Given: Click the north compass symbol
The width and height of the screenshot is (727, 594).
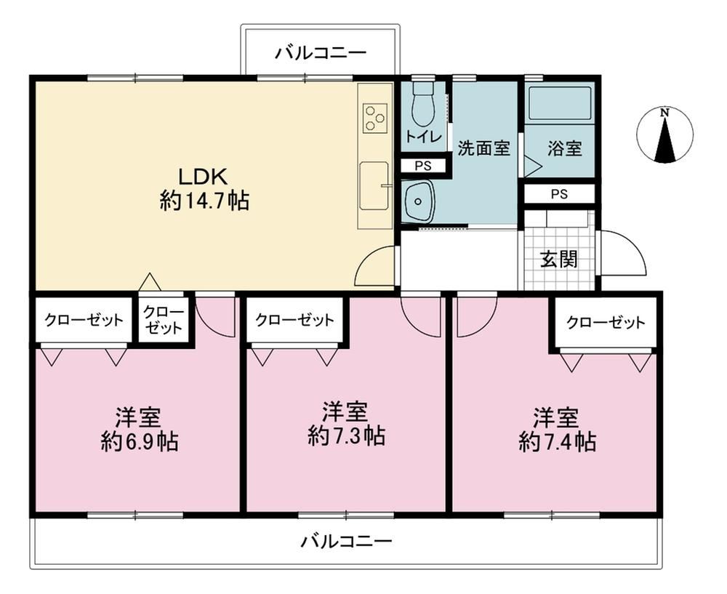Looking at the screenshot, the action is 665,135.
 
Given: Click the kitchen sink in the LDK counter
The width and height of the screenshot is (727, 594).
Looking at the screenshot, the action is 374,185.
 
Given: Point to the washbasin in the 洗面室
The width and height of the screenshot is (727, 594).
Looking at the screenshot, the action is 418,201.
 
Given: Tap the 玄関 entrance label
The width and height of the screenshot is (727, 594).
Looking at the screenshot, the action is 559,260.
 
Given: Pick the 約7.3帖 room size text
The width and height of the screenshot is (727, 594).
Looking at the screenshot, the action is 346,436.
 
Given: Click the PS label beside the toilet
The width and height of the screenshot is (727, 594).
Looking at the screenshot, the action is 423,166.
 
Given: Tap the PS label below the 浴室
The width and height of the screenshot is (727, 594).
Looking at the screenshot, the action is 559,194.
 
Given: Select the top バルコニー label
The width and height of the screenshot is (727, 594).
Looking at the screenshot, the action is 321,53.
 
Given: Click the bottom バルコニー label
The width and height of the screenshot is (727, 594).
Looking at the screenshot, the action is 347,541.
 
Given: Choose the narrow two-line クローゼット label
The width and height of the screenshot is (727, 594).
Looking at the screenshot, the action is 163,319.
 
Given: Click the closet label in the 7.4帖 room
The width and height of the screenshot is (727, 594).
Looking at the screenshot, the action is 606,322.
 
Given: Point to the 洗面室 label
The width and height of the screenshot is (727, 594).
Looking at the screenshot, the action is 484,148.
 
